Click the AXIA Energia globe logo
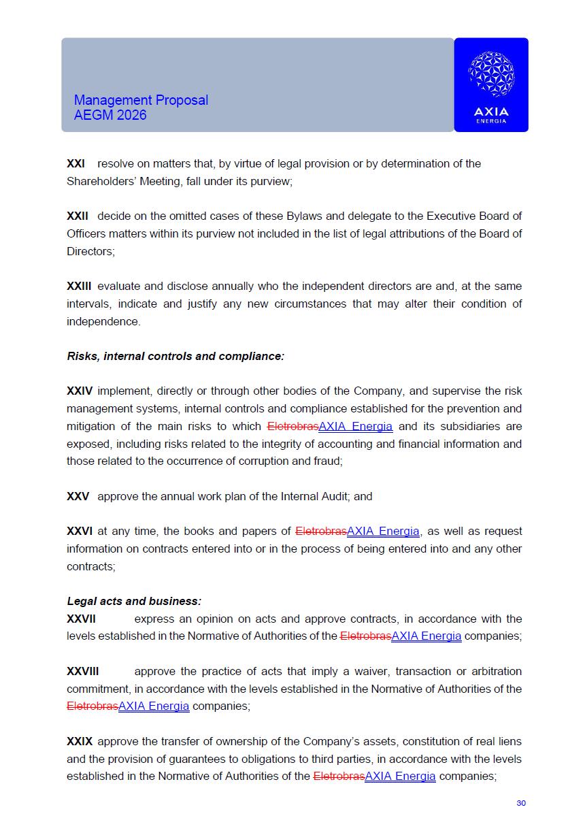tap(491, 73)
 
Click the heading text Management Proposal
tap(141, 100)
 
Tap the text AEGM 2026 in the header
tap(110, 115)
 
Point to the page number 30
tap(521, 803)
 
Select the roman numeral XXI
tap(76, 164)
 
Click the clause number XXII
tap(78, 216)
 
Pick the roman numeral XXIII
tap(79, 287)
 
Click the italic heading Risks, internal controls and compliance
tap(175, 356)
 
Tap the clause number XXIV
tap(80, 391)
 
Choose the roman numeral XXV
tap(78, 496)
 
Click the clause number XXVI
tap(79, 531)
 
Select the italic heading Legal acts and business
tap(134, 601)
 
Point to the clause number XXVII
tap(81, 619)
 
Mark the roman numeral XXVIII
tap(82, 671)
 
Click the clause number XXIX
tap(80, 741)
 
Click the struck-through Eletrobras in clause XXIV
tap(292, 427)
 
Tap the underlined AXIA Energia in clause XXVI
tap(383, 531)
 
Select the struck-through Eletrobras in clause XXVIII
tap(92, 706)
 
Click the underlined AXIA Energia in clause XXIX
tap(400, 776)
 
